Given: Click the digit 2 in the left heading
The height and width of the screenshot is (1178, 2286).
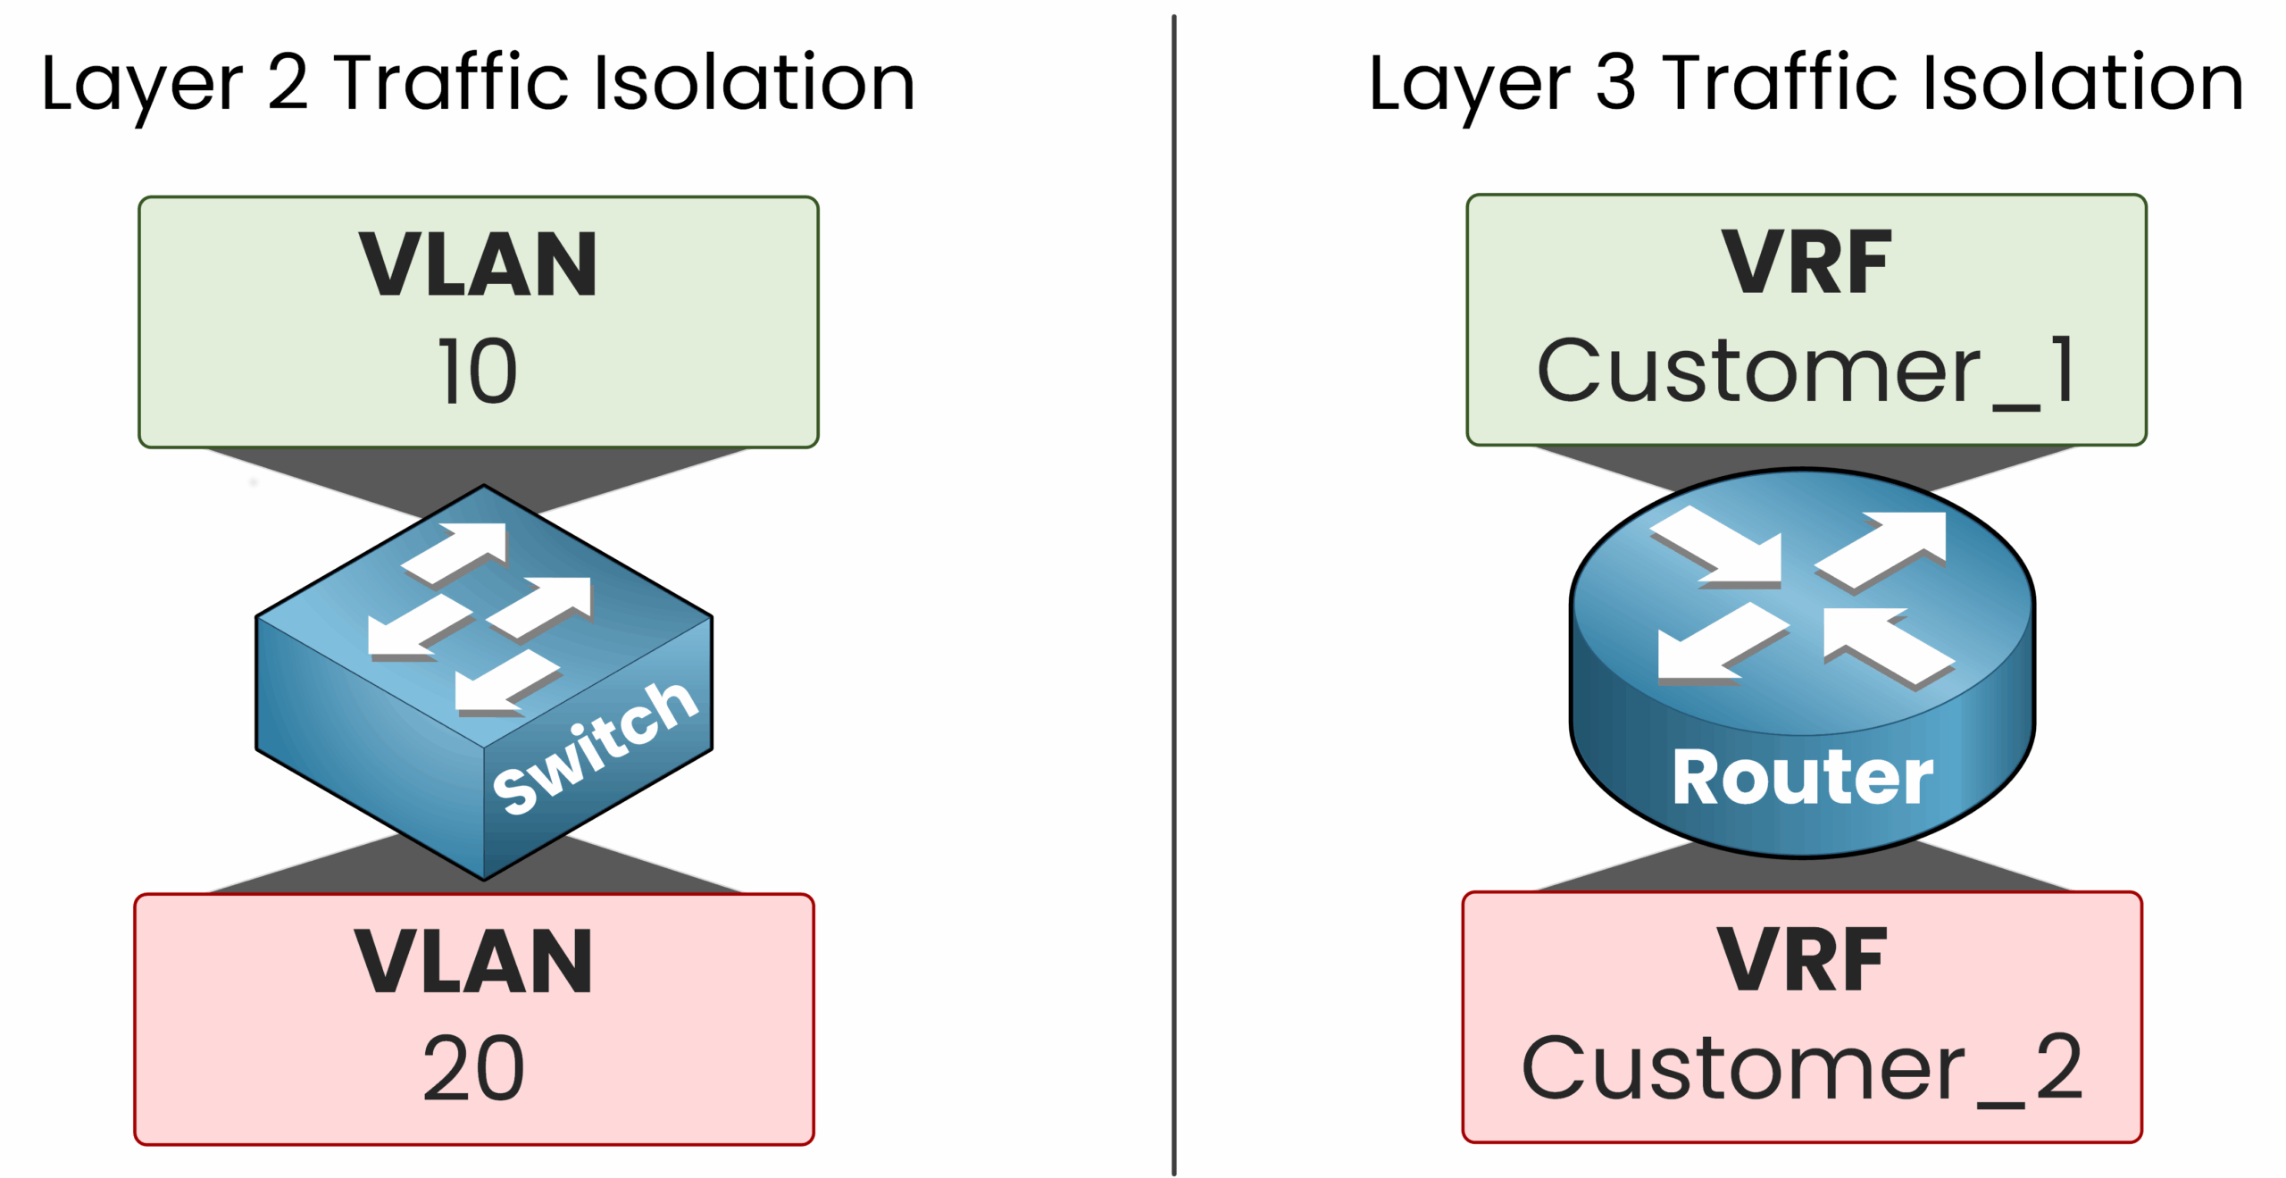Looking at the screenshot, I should (x=288, y=82).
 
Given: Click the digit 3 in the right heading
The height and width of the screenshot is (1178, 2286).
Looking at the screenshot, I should (x=1615, y=82).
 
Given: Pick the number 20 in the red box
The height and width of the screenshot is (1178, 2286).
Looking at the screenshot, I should (x=473, y=1068).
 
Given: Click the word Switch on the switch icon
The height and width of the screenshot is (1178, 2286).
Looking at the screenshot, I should (x=596, y=748).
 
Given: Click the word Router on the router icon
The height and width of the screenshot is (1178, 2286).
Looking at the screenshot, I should (x=1802, y=777).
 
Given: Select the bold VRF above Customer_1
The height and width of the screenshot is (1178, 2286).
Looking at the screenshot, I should (x=1806, y=263).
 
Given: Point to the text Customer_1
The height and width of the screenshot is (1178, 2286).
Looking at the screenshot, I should (x=1806, y=371).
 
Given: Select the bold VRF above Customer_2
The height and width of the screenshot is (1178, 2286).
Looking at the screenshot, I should (x=1802, y=960).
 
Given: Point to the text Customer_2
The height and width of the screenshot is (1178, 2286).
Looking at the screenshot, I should (x=1802, y=1068).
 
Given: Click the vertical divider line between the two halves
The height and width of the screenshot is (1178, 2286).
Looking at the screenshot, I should (x=1173, y=589).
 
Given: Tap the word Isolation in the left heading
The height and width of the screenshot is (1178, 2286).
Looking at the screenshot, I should (x=755, y=82).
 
